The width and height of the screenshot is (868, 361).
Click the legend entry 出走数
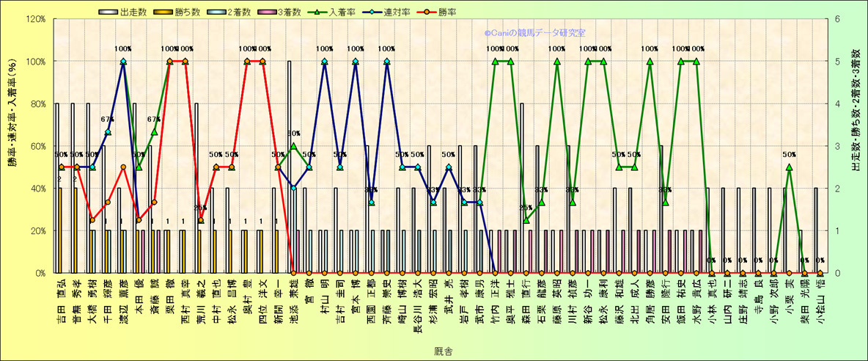[135, 11]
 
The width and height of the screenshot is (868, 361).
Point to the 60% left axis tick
[36, 146]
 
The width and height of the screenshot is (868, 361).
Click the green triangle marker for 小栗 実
[789, 167]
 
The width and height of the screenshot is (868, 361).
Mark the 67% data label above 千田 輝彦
[107, 120]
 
